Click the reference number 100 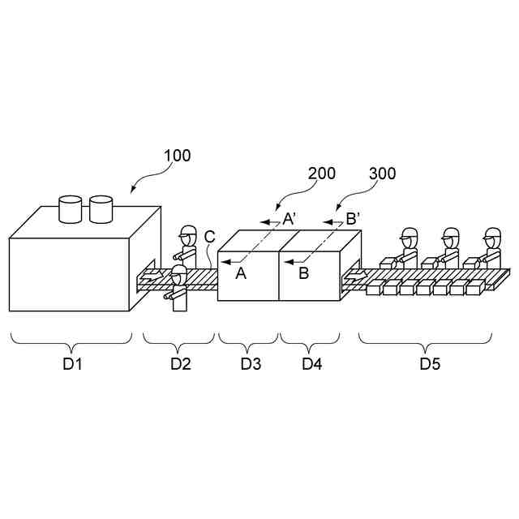(x=178, y=155)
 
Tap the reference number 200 (x=322, y=174)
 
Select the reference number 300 (x=383, y=174)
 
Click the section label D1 (x=73, y=364)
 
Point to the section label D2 (x=180, y=364)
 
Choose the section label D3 (x=251, y=364)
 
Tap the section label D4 (x=312, y=364)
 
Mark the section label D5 (x=430, y=364)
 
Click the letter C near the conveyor (x=209, y=237)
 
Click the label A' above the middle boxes (x=289, y=218)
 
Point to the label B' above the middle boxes (x=352, y=218)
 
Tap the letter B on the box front (x=304, y=273)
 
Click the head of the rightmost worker (x=492, y=236)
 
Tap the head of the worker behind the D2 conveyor (x=188, y=233)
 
